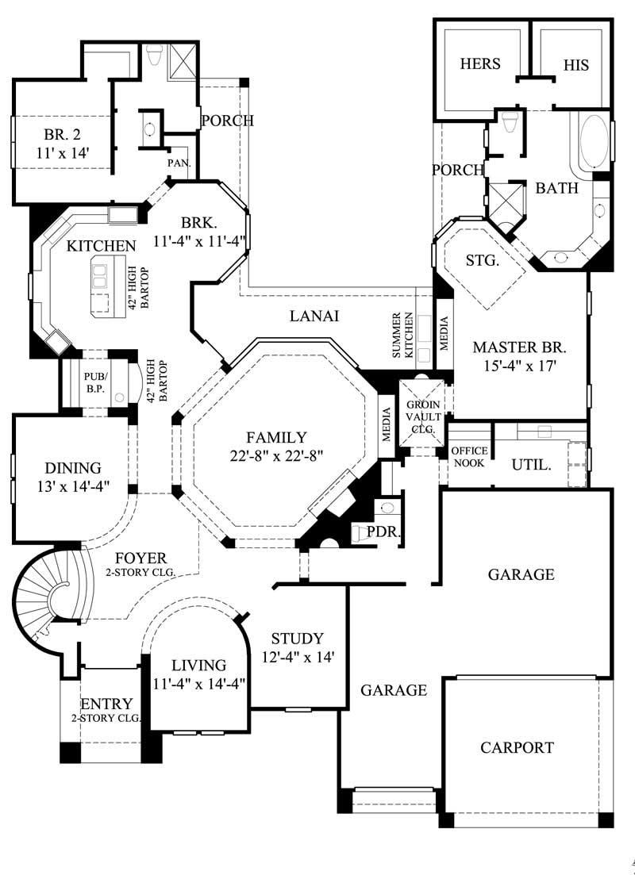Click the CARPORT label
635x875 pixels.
(x=517, y=747)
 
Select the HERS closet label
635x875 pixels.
(x=480, y=64)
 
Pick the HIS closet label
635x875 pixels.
(x=576, y=65)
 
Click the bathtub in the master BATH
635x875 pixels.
(x=594, y=142)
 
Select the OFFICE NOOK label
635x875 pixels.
(x=468, y=456)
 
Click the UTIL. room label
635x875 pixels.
(x=531, y=464)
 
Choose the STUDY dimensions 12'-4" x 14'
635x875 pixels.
(x=298, y=657)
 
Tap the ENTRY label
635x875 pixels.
(x=106, y=704)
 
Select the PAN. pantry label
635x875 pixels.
(x=176, y=163)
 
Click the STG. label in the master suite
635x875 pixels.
(x=482, y=260)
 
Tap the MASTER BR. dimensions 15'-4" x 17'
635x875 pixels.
(x=520, y=367)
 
